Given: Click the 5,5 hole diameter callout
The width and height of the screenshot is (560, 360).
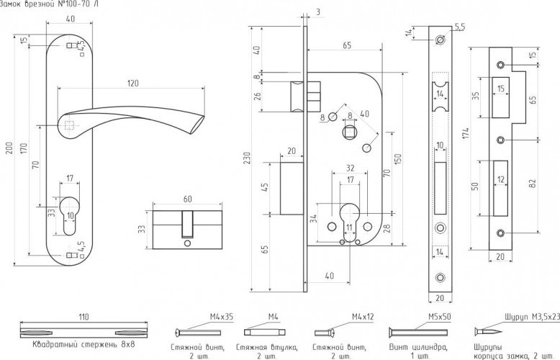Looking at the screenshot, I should tap(459, 27).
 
